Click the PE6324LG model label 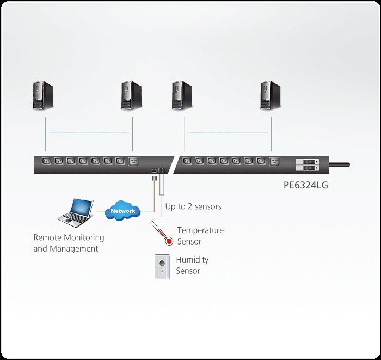click(x=306, y=185)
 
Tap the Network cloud click(x=122, y=211)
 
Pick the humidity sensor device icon click(x=163, y=267)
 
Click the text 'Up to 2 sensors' click(x=193, y=206)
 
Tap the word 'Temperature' click(x=200, y=230)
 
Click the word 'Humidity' click(x=192, y=260)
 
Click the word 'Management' click(x=73, y=249)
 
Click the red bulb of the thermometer click(x=169, y=241)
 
